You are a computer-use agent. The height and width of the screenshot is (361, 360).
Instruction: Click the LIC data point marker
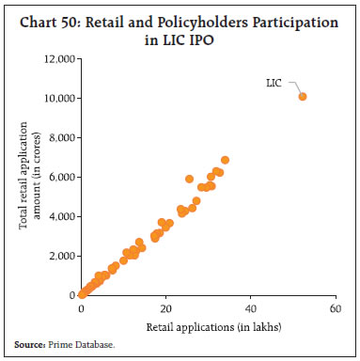303,96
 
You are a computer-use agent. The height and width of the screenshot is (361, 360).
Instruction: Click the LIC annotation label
274,84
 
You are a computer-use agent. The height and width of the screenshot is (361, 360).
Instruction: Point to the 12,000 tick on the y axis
57,59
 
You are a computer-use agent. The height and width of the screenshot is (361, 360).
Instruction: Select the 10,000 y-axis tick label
57,98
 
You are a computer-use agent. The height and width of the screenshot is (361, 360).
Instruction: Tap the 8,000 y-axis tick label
60,137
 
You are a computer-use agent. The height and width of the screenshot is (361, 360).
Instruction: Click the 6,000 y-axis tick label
60,177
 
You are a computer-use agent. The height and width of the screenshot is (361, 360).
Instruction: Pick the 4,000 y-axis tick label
60,216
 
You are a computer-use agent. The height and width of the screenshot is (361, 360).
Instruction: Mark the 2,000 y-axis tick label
60,256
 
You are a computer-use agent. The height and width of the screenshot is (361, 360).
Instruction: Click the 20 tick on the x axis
165,308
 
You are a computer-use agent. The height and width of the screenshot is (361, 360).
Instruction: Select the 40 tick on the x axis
250,308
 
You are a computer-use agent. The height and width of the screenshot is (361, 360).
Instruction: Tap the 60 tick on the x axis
335,308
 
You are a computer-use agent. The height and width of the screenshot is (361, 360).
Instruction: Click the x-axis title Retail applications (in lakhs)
208,325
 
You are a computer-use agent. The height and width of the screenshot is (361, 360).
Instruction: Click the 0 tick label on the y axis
71,295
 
